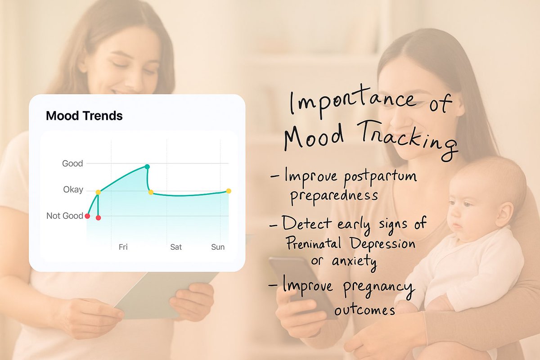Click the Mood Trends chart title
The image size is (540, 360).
coord(84,116)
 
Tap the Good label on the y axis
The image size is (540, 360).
coord(72,163)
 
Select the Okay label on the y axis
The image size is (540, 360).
coord(73,189)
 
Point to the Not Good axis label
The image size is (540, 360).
coord(65,216)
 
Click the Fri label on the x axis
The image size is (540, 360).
coord(123,247)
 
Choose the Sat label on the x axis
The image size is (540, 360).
coord(176,247)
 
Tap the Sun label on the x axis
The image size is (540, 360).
coord(218,247)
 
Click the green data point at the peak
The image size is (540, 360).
coord(147,167)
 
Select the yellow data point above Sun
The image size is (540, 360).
coord(229,191)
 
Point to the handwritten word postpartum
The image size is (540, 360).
coord(380,177)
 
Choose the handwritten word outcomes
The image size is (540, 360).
coord(364,310)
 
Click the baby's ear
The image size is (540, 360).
coord(504,212)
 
